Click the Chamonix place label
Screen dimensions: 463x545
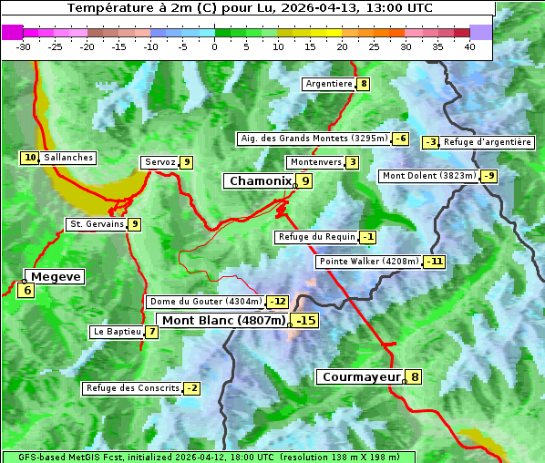[260, 181]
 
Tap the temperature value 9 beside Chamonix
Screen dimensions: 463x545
[306, 181]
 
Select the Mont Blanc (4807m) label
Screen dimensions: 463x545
[223, 321]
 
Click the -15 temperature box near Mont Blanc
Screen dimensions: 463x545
[305, 321]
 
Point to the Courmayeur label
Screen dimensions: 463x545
[361, 376]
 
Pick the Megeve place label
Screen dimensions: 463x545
[56, 276]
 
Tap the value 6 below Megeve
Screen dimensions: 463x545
[26, 291]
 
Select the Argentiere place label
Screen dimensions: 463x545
[329, 84]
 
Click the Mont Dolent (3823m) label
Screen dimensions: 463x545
[429, 176]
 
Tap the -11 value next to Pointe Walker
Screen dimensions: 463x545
[435, 262]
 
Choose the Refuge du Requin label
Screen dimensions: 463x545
[316, 237]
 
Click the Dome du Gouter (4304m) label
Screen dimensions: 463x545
[206, 302]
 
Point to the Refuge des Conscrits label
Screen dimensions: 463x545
[132, 388]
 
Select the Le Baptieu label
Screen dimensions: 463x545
[117, 332]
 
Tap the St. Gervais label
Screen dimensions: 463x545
[96, 224]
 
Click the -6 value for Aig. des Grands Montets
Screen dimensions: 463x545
[401, 139]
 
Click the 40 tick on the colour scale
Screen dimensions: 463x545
[469, 46]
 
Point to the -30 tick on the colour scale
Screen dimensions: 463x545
[24, 46]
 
